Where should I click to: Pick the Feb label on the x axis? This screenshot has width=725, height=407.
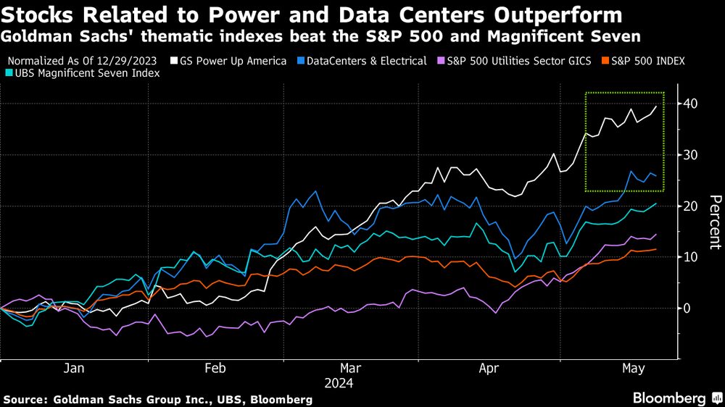coord(215,368)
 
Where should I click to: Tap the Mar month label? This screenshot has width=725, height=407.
coord(351,368)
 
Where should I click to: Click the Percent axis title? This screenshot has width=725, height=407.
coord(714,222)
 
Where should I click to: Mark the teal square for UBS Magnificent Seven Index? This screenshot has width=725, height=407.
coord(9,73)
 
